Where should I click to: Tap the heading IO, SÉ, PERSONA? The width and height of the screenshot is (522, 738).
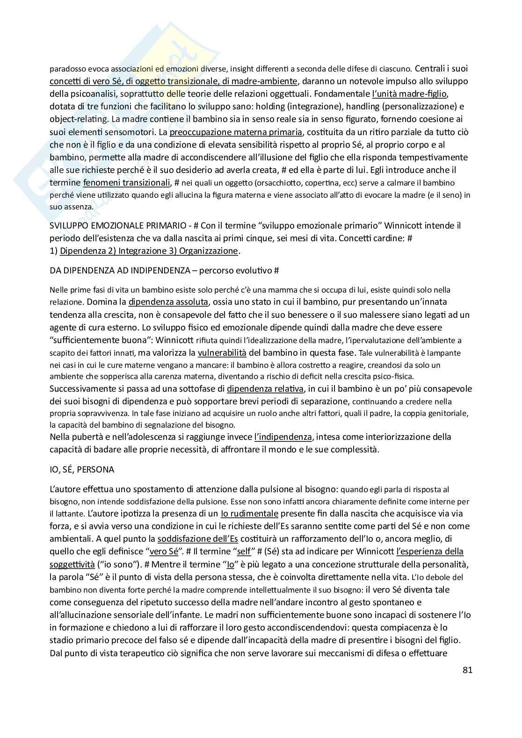coord(82,469)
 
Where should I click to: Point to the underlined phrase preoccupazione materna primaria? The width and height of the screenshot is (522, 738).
coord(236,132)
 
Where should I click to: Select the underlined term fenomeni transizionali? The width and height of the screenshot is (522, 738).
coord(126,182)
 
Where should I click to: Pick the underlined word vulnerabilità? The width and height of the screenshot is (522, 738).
coord(222,352)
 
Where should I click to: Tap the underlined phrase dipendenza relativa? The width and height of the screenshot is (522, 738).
coord(265,389)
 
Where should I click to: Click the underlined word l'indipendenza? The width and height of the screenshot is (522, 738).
coord(283,437)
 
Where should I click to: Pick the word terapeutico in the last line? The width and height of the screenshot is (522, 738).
coord(142,653)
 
